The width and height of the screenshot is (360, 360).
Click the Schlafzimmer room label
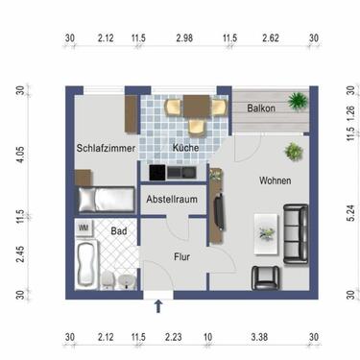(104, 148)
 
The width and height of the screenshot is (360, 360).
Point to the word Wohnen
(276, 180)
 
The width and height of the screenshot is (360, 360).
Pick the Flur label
(181, 256)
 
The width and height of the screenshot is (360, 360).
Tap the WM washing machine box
(84, 228)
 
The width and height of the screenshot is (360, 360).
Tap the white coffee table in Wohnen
(265, 228)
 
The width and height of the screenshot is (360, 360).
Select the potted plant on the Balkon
(298, 99)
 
